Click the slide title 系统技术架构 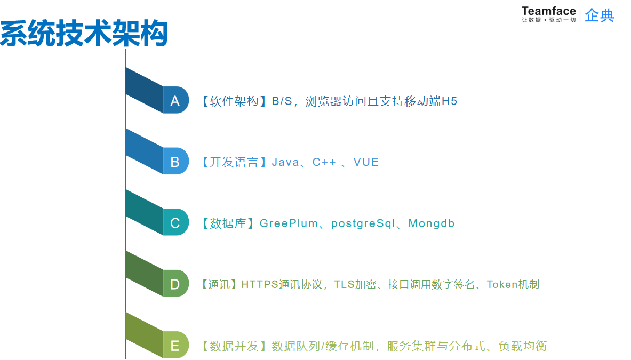[84, 34]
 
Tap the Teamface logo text [548, 11]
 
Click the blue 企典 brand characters [599, 15]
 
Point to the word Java [285, 162]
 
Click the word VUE [366, 162]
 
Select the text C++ [324, 162]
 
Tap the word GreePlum [289, 223]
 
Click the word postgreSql [363, 223]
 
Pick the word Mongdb [431, 223]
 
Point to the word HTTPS [260, 284]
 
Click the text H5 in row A [449, 101]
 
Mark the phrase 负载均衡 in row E [522, 346]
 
